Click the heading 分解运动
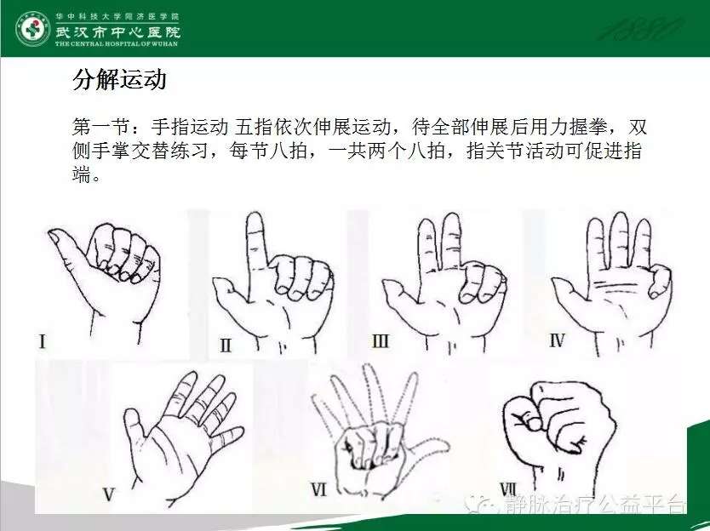coord(119,81)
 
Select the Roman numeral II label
coord(226,345)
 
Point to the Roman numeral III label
coord(380,342)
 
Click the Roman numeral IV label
coord(557,342)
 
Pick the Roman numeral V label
coord(108,494)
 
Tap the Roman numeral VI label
coord(319,489)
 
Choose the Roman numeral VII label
coord(508,488)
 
